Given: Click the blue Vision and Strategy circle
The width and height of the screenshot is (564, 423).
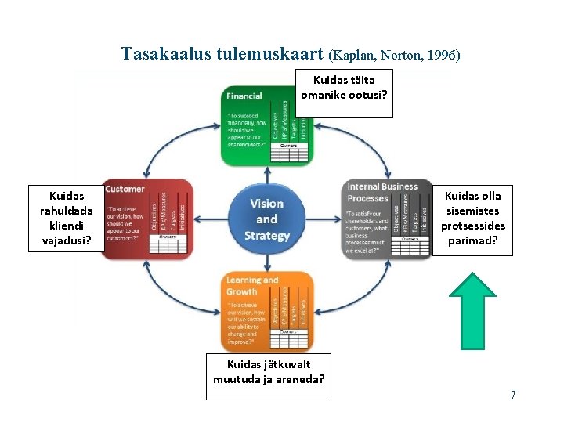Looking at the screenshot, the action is [x=266, y=219].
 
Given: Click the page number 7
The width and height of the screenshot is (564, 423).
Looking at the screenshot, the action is [x=513, y=395].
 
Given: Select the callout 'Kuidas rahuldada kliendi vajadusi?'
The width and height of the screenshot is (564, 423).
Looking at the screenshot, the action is [x=66, y=218].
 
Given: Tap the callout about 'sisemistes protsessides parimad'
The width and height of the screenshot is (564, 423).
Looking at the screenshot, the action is [x=472, y=218].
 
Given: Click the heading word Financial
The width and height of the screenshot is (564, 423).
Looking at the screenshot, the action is [x=245, y=97].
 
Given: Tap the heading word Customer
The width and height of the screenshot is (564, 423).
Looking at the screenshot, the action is [x=125, y=189].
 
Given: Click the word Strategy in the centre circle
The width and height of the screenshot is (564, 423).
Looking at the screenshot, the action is [x=266, y=236].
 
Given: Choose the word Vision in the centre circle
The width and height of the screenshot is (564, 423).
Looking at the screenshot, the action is [x=266, y=204].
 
